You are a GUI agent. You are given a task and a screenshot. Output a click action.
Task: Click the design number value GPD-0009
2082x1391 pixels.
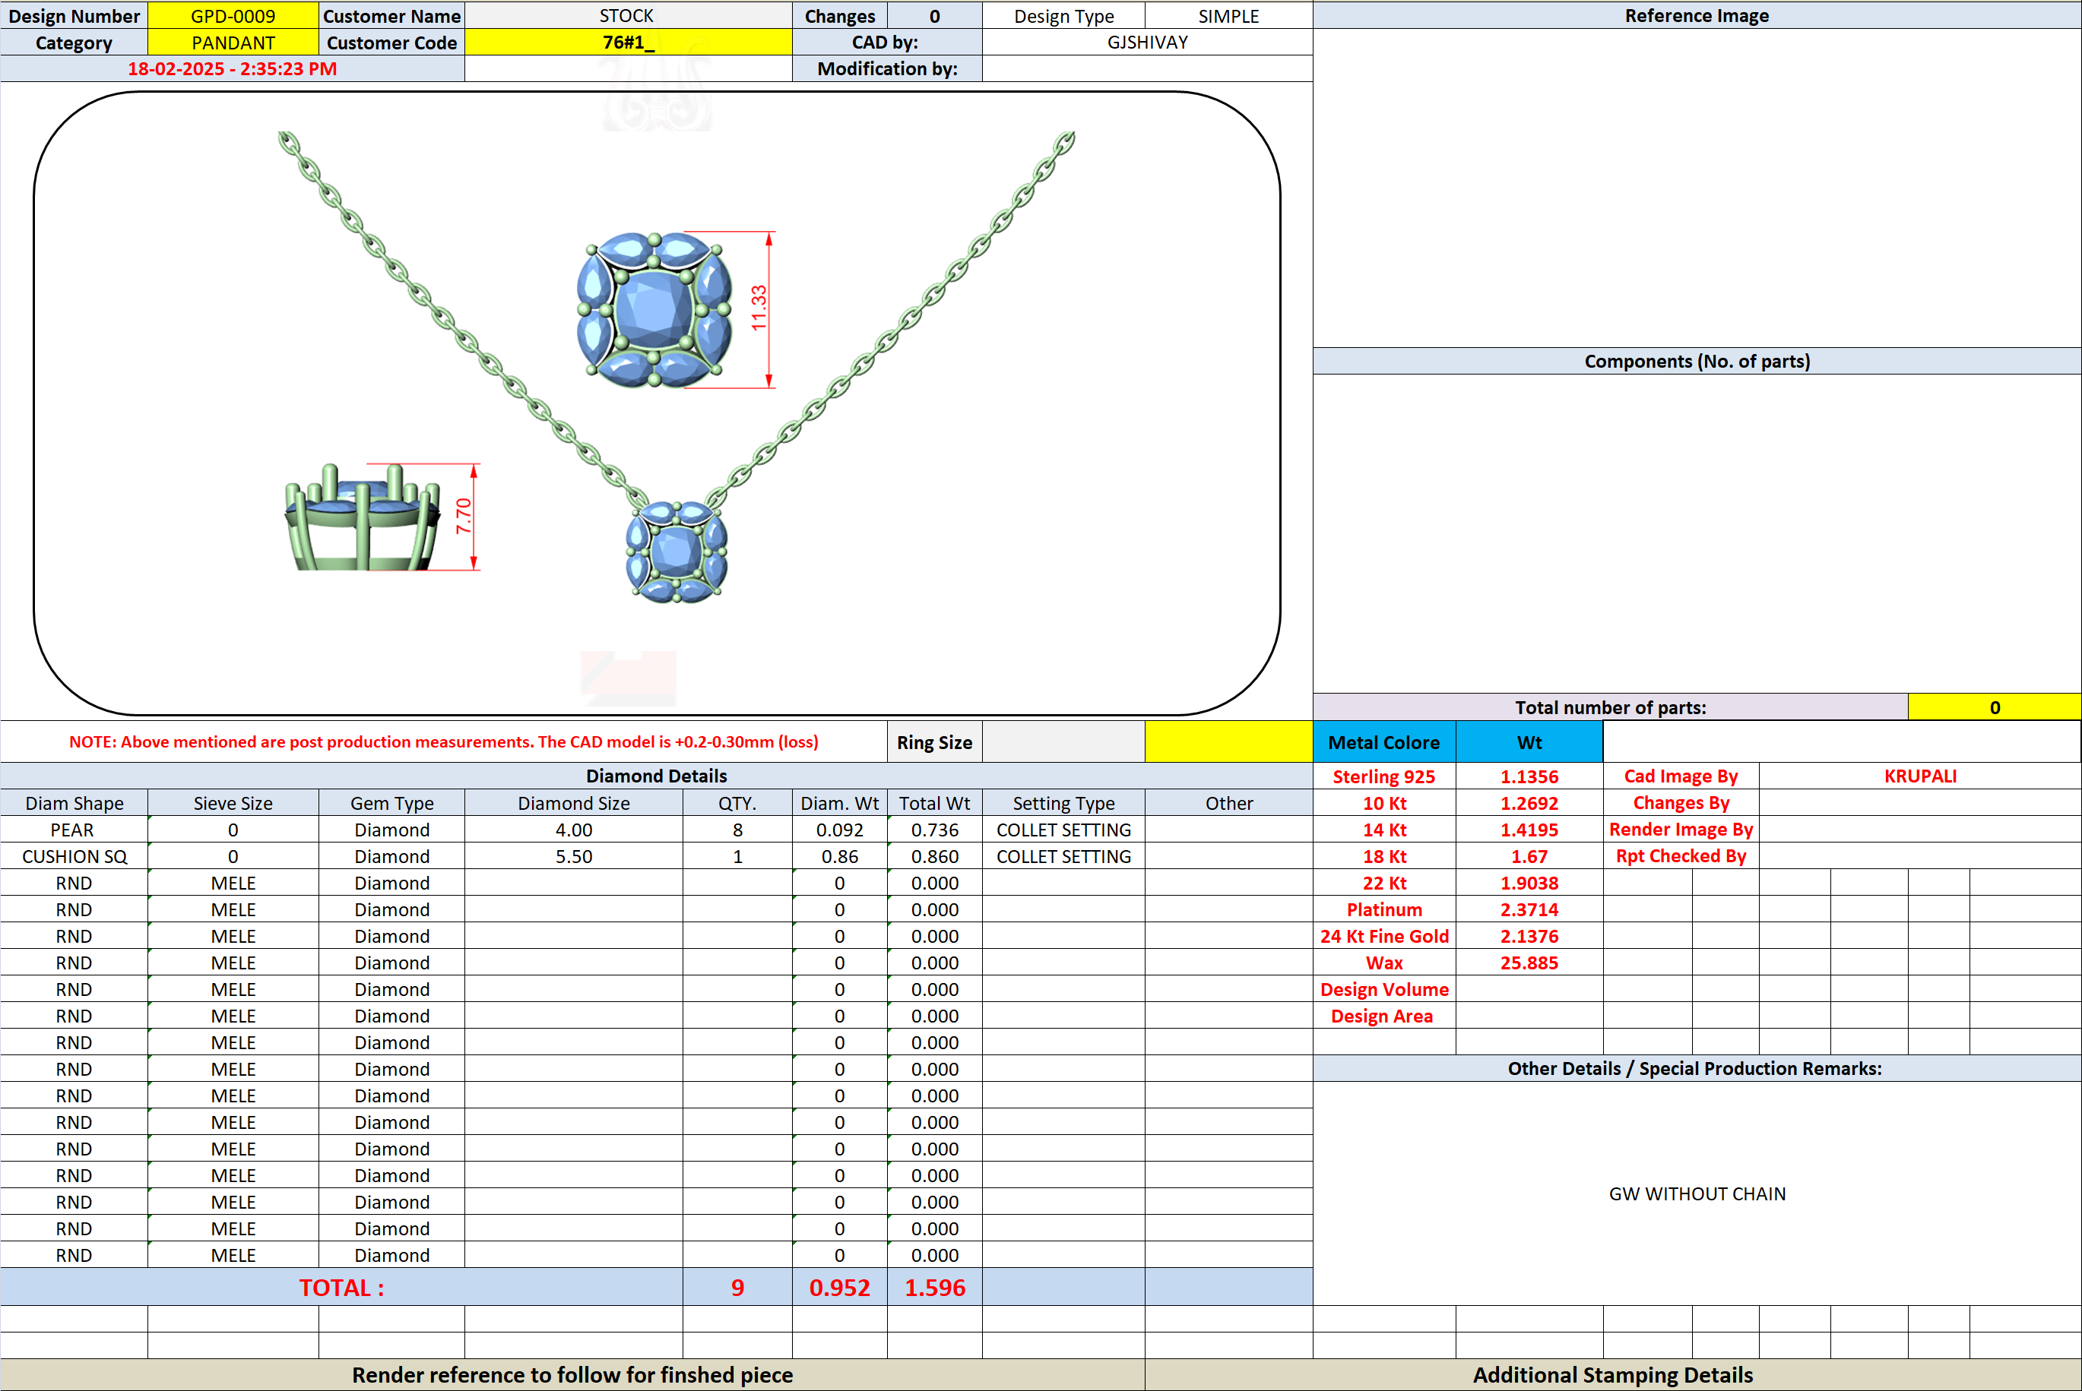point(233,16)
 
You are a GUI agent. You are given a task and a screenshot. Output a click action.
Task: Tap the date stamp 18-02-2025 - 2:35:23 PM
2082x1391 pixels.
point(233,69)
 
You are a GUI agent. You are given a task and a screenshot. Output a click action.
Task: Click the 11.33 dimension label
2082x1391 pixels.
point(758,308)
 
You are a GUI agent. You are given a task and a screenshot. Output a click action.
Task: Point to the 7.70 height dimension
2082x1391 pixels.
point(463,517)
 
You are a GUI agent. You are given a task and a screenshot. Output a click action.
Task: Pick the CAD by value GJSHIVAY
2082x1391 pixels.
point(1148,43)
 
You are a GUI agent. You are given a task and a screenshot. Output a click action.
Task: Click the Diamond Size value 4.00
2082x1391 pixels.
point(574,830)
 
